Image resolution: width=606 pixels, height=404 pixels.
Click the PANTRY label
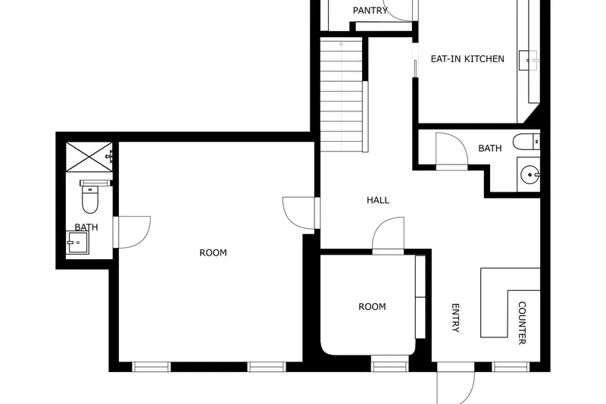tap(370, 11)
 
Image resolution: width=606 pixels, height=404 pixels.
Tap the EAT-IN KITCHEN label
tap(467, 59)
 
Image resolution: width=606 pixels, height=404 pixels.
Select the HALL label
tap(377, 200)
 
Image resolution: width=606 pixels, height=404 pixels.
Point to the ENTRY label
tap(456, 318)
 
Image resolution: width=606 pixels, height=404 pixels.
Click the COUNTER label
tap(522, 323)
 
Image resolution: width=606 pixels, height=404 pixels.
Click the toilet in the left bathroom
tap(89, 196)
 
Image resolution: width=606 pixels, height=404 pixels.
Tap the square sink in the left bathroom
tap(77, 243)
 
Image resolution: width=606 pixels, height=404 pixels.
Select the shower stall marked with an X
tap(89, 157)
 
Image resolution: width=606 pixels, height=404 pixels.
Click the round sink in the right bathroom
tap(529, 174)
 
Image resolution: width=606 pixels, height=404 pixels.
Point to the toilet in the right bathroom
tap(526, 142)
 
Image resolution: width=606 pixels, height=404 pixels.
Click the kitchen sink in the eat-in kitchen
tap(528, 60)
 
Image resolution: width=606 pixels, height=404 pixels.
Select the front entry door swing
tap(456, 384)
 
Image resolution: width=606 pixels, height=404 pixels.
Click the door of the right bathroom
tap(451, 151)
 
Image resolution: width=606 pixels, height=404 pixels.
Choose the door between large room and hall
tap(301, 213)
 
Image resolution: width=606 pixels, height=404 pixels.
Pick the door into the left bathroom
tap(131, 232)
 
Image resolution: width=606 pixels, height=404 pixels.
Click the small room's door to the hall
tap(388, 236)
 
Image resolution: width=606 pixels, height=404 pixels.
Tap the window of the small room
tap(389, 367)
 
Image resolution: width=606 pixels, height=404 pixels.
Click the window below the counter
tap(511, 367)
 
